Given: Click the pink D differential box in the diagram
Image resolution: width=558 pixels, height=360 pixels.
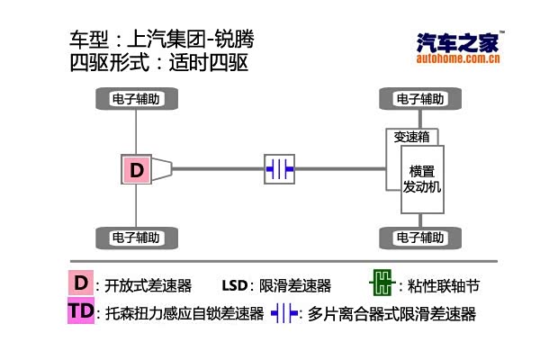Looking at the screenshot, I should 136,169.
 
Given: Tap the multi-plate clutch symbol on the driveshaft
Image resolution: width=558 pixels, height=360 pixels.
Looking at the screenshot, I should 279,168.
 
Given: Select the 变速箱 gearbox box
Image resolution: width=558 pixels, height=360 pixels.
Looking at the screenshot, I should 412,137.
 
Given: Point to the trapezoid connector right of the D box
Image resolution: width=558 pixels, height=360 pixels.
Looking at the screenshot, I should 162,168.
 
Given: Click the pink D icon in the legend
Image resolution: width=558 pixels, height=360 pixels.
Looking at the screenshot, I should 81,283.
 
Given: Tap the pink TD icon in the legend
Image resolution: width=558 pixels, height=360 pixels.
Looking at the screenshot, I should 81,312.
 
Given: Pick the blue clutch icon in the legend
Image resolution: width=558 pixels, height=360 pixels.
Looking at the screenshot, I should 284,313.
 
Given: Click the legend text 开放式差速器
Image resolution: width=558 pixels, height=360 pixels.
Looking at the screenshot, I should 148,286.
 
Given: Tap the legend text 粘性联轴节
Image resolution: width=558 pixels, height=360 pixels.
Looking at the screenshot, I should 444,286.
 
